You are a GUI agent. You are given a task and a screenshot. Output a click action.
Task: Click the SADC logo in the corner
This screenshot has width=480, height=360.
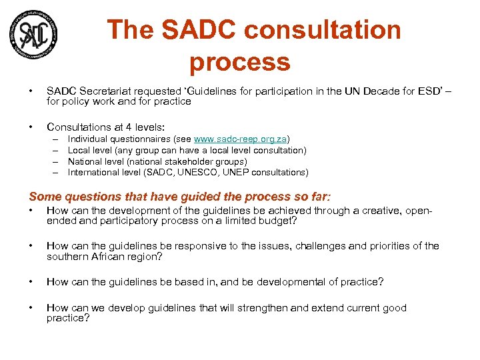tap(33, 34)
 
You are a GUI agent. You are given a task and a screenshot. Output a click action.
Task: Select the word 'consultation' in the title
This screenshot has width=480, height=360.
tap(323, 30)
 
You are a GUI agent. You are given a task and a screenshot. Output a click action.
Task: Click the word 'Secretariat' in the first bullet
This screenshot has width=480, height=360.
tap(104, 91)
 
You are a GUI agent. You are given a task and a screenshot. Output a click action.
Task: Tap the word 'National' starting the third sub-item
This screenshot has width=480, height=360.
tap(85, 161)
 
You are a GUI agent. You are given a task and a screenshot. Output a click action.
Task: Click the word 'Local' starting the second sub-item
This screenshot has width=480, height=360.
tap(79, 151)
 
